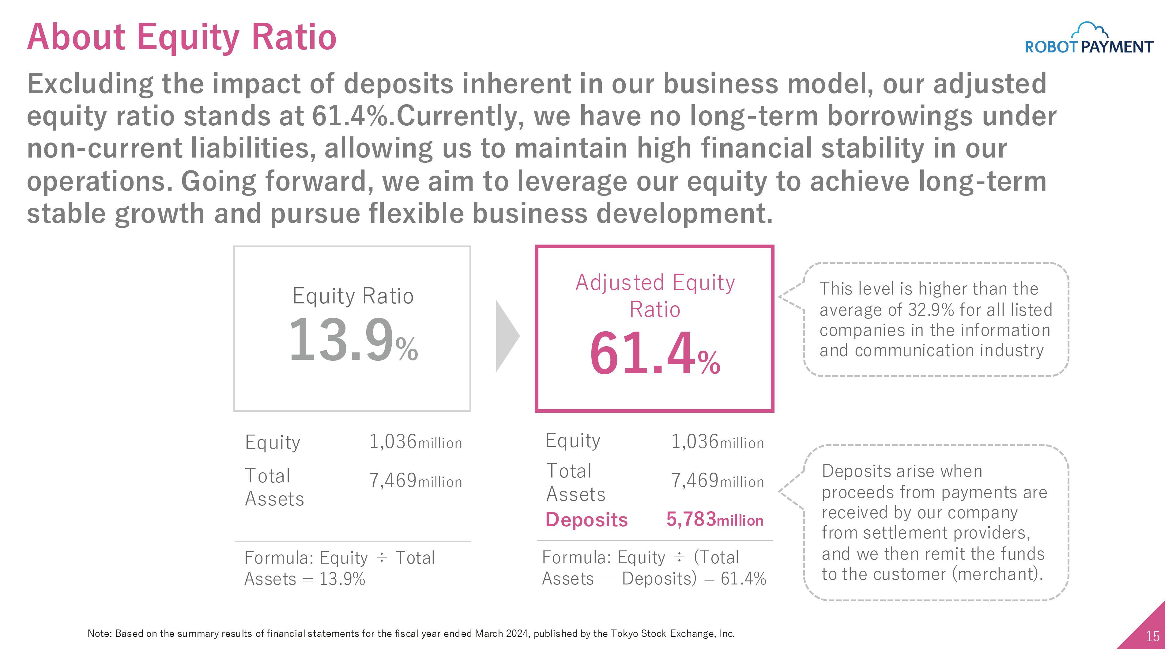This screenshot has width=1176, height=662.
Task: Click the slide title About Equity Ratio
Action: (182, 37)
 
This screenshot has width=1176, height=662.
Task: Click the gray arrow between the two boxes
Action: (507, 336)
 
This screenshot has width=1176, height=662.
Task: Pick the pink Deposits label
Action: (587, 520)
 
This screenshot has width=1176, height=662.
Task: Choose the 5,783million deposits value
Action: (715, 519)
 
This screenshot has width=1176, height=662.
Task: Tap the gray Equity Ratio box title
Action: (353, 296)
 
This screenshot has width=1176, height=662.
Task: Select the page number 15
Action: (1152, 637)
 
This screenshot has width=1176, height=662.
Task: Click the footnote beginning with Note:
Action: (411, 634)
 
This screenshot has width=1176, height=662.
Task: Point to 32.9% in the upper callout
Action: (931, 310)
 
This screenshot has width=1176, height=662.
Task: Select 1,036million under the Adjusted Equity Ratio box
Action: (717, 442)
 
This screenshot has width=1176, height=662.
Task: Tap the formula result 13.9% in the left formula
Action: (342, 579)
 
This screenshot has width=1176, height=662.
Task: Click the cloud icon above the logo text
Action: (1089, 30)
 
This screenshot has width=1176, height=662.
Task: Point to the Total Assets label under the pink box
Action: (576, 482)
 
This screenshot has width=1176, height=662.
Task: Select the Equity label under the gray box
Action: (273, 443)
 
